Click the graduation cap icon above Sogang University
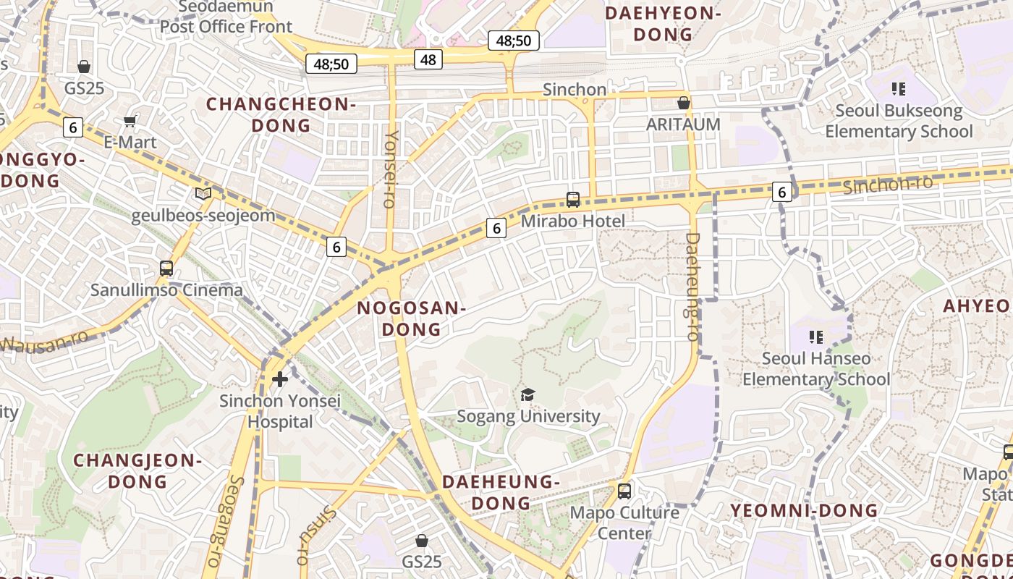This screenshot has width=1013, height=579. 528,394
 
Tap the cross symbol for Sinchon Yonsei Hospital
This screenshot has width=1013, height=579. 279,379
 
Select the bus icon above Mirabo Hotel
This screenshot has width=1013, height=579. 573,199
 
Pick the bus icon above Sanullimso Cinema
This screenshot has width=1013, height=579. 166,269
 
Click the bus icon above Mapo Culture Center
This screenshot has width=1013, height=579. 624,491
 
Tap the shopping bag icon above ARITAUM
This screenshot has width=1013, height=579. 683,103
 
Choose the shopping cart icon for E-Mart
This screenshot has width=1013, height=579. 130,121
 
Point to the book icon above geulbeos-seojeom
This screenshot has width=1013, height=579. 203,194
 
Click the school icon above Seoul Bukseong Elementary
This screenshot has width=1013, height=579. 899,89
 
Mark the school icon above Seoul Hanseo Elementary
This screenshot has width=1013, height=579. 816,337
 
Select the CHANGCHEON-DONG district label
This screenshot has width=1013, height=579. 281,114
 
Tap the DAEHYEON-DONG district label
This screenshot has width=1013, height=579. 663,24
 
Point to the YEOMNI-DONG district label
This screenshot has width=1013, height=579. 804,510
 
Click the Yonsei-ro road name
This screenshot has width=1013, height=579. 391,169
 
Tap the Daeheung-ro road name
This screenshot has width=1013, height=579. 692,287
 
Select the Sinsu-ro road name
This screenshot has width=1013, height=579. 316,535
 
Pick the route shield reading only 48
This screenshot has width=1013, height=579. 428,59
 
